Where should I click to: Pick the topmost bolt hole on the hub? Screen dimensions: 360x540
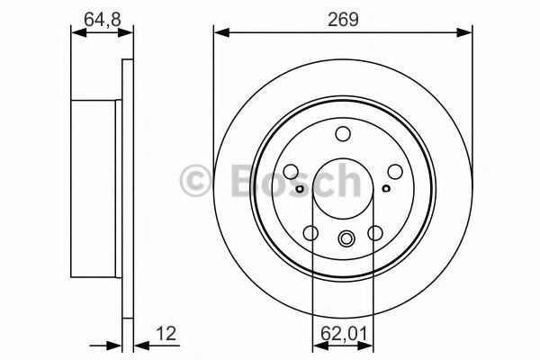pyautogui.click(x=343, y=134)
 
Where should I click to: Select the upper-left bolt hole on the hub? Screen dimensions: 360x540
pyautogui.click(x=292, y=170)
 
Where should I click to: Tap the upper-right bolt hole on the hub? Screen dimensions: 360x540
pyautogui.click(x=393, y=170)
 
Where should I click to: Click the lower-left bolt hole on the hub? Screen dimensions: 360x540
pyautogui.click(x=311, y=233)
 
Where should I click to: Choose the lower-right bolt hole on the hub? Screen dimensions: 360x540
pyautogui.click(x=374, y=233)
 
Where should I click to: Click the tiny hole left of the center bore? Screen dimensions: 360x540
pyautogui.click(x=299, y=188)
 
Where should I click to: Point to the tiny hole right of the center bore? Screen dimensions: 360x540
pyautogui.click(x=386, y=188)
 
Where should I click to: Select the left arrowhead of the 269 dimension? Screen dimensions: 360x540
pyautogui.click(x=219, y=33)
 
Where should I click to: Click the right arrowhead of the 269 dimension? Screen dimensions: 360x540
pyautogui.click(x=467, y=33)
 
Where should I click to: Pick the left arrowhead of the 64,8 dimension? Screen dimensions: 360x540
pyautogui.click(x=75, y=33)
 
